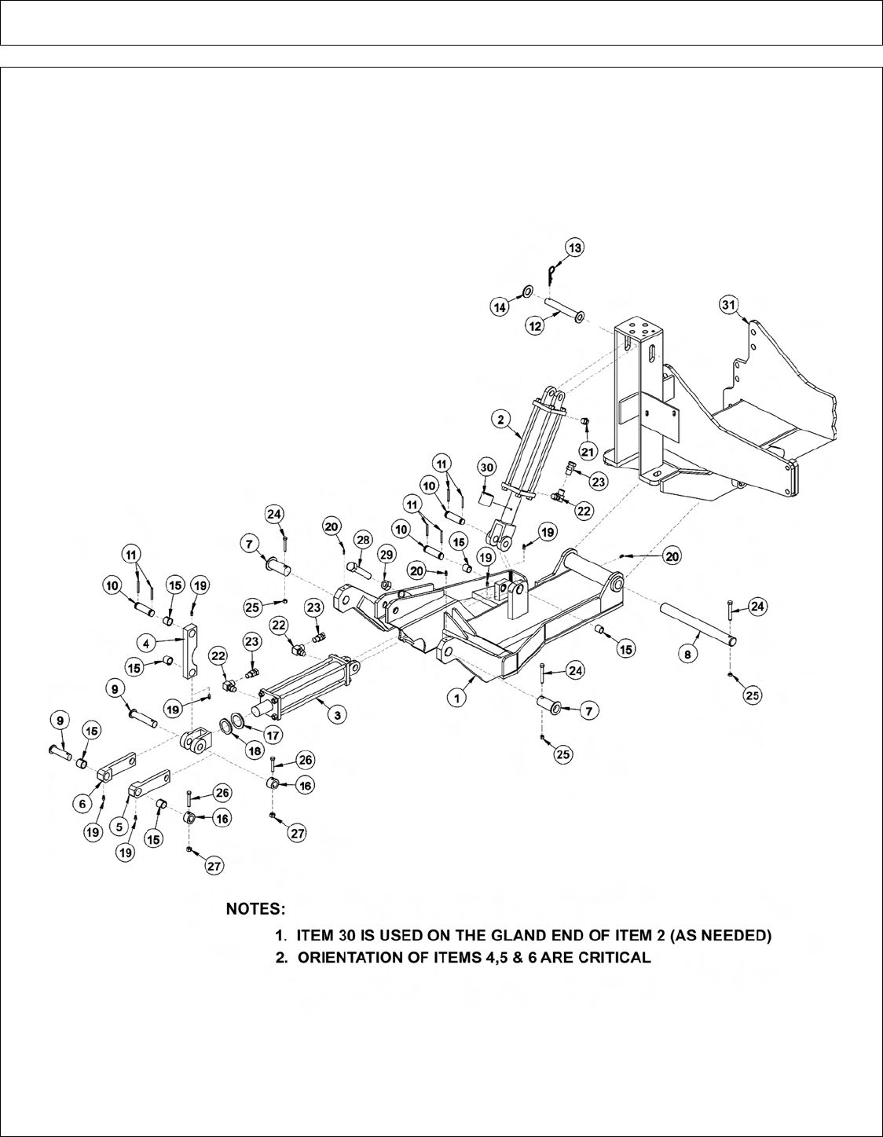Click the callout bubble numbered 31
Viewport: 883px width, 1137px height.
point(730,304)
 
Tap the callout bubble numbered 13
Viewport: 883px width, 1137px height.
point(575,248)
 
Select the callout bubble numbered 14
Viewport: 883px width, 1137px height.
point(500,308)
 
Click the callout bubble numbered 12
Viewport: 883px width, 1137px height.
point(536,325)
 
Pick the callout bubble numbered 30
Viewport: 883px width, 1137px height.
point(487,467)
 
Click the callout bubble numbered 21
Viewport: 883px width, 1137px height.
point(588,450)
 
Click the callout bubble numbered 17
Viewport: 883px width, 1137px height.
point(273,736)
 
